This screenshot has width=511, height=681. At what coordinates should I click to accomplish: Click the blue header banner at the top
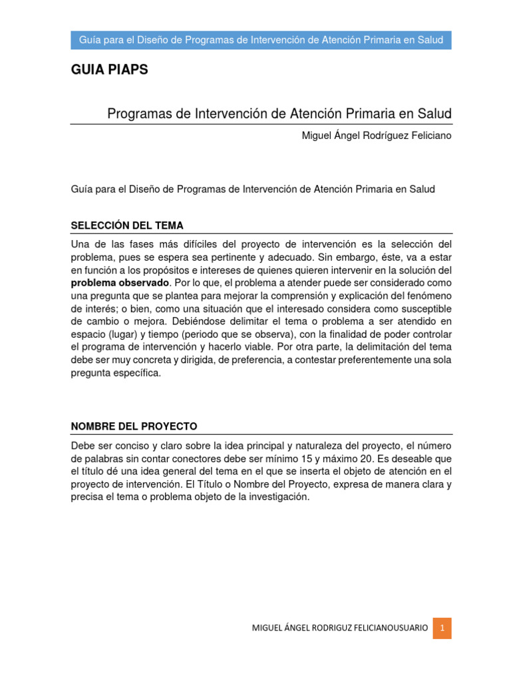coord(261,40)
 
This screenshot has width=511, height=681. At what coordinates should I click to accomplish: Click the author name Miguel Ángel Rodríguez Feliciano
coord(377,136)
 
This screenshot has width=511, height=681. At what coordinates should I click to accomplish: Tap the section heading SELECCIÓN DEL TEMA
coord(127,225)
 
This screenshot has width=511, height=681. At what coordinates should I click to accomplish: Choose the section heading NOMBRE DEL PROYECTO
coord(134,426)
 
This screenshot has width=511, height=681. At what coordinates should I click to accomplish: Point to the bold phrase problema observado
coord(120,283)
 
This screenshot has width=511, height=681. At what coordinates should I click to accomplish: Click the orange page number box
coord(442,628)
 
